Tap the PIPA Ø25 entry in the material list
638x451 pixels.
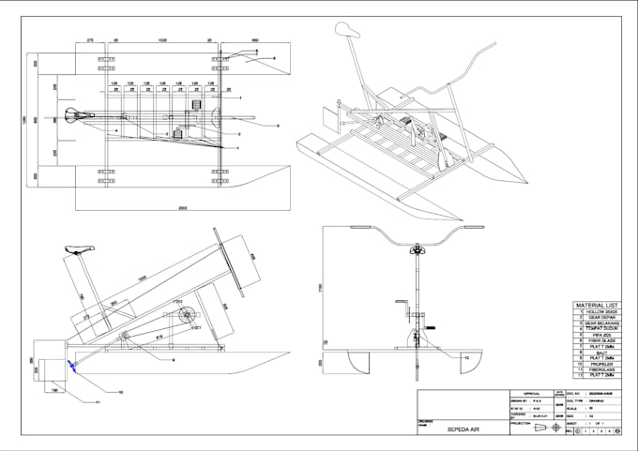click(602, 335)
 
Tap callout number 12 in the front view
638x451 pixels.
click(466, 358)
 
